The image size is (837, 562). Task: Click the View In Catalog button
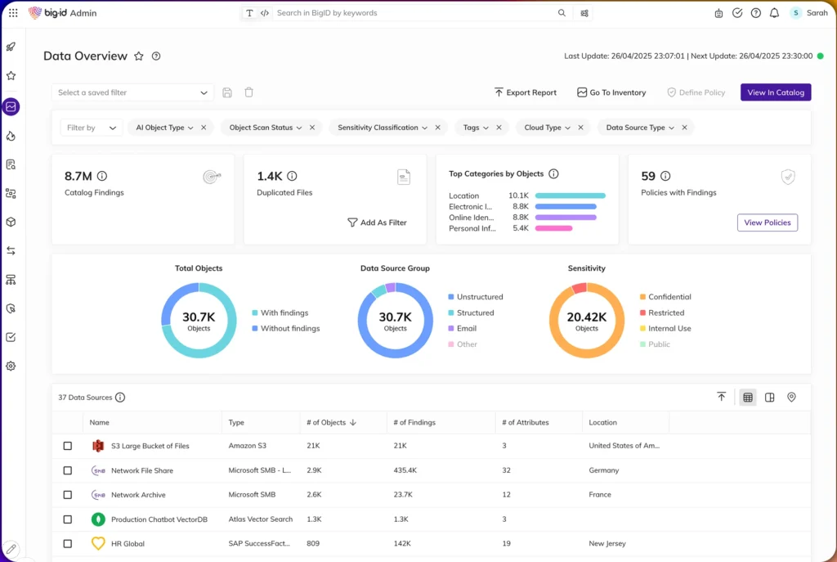pyautogui.click(x=776, y=92)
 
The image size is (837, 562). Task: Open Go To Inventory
pyautogui.click(x=611, y=92)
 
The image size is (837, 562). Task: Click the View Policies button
pyautogui.click(x=767, y=223)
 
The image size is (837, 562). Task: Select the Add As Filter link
pyautogui.click(x=377, y=223)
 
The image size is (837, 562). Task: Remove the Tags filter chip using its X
pyautogui.click(x=499, y=128)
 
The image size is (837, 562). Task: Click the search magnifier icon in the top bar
pyautogui.click(x=562, y=13)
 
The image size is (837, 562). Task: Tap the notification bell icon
pyautogui.click(x=774, y=13)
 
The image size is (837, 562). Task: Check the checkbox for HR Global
pyautogui.click(x=67, y=543)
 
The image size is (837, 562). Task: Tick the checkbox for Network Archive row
pyautogui.click(x=67, y=495)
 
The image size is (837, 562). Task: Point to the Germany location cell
pyautogui.click(x=604, y=470)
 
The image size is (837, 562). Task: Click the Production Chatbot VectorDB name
pyautogui.click(x=159, y=519)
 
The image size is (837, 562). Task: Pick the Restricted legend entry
pyautogui.click(x=662, y=312)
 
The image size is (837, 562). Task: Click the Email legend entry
pyautogui.click(x=463, y=329)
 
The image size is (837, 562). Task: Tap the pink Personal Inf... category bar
pyautogui.click(x=553, y=228)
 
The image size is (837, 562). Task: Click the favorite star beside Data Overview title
pyautogui.click(x=139, y=56)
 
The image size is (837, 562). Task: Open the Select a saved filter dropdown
pyautogui.click(x=132, y=92)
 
